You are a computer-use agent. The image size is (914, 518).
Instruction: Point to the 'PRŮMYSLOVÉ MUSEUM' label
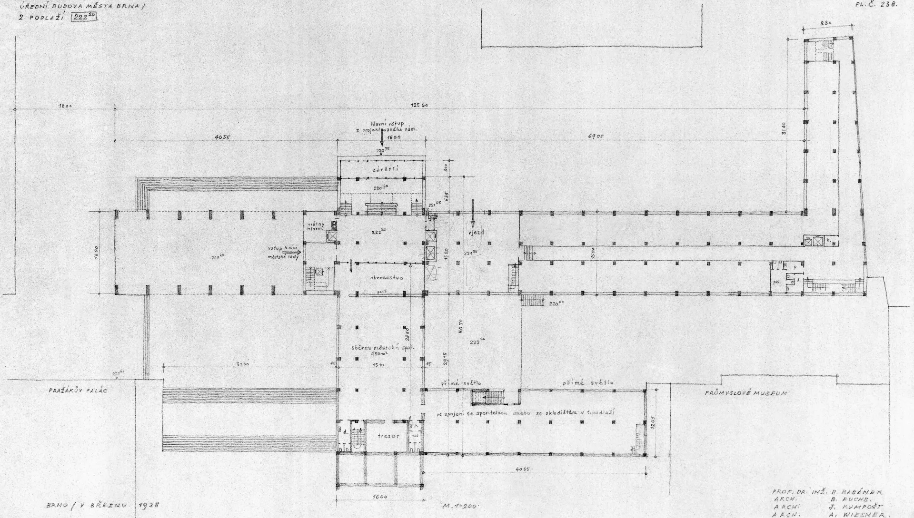coord(746,393)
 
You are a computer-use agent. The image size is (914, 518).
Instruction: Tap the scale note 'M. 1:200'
coord(460,506)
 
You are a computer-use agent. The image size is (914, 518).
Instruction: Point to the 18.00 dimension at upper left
coord(65,106)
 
